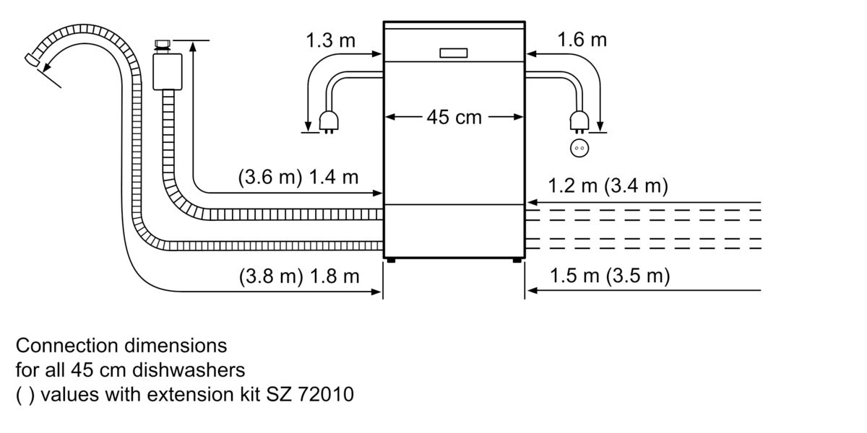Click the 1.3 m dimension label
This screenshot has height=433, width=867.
point(331,40)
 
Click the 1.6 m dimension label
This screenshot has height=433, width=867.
point(582,40)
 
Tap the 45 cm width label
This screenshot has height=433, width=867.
point(453,117)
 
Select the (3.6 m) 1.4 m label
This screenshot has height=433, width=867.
point(298,178)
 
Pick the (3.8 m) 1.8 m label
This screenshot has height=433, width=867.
point(298,276)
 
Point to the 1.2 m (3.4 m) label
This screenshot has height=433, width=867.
point(608,186)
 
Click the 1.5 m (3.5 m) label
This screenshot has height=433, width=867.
point(610,276)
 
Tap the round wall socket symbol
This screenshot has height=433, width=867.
point(579,148)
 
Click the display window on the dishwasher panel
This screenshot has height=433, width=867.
point(453,53)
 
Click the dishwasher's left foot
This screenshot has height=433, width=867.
point(390,260)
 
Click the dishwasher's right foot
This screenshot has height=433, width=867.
point(517,260)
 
